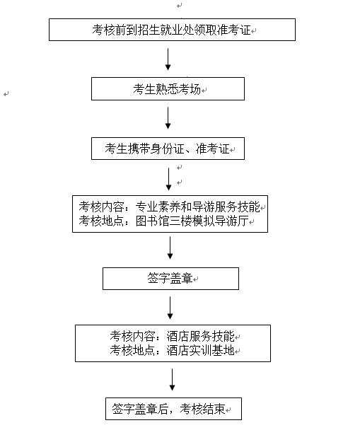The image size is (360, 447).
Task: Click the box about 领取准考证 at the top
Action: click(172, 30)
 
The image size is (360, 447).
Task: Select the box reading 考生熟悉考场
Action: click(168, 89)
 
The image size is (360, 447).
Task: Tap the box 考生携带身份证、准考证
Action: click(168, 149)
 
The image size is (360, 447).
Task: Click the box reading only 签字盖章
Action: click(170, 279)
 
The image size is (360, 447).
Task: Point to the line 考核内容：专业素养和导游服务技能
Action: click(170, 207)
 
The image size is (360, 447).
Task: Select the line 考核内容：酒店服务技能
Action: click(172, 336)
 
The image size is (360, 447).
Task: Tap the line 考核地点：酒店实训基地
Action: click(172, 350)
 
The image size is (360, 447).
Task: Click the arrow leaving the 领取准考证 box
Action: click(168, 59)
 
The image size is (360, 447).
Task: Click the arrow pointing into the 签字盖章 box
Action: click(170, 250)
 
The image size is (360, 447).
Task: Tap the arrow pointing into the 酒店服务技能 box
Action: click(170, 308)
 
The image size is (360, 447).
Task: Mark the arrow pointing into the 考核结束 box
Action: click(172, 380)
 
